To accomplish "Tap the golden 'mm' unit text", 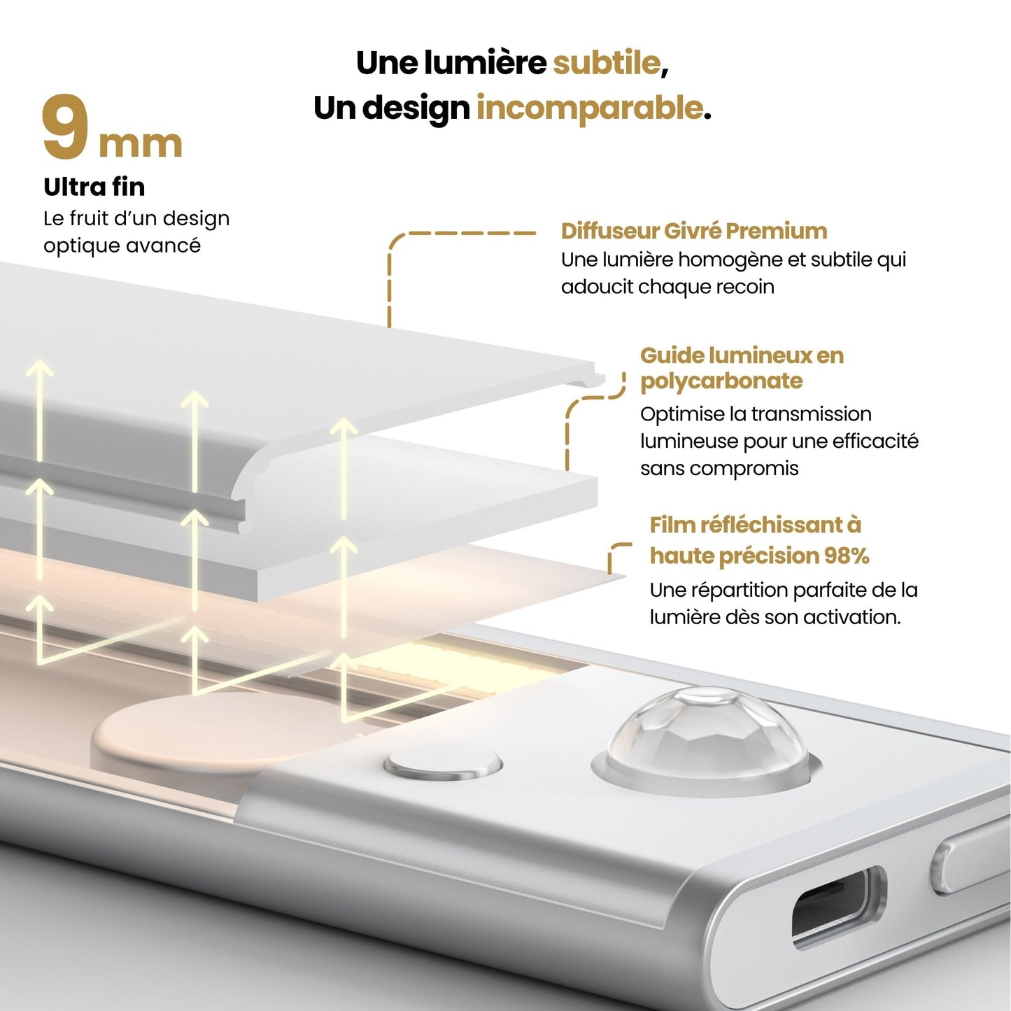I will pyautogui.click(x=140, y=144).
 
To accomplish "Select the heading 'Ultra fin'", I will pyautogui.click(x=94, y=187).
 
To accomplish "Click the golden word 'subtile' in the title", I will pyautogui.click(x=607, y=63).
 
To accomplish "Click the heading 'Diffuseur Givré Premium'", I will pyautogui.click(x=693, y=231).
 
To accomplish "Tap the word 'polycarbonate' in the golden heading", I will pyautogui.click(x=721, y=381).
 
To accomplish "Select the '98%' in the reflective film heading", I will pyautogui.click(x=847, y=556).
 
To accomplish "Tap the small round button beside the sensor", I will pyautogui.click(x=444, y=764).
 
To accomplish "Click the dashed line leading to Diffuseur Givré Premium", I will pyautogui.click(x=462, y=233).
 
